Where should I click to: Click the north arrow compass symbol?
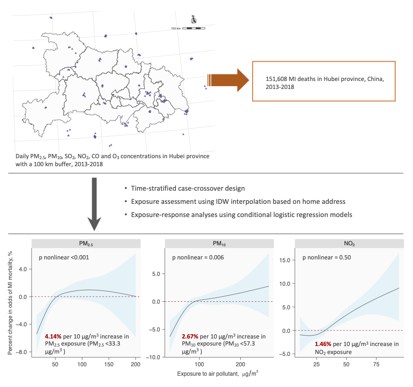tap(193, 20)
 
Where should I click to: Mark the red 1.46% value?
tap(324, 344)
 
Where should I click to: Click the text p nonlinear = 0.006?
tap(198, 258)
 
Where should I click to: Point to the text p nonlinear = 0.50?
tap(327, 258)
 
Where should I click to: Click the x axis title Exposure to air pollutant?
tap(210, 374)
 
